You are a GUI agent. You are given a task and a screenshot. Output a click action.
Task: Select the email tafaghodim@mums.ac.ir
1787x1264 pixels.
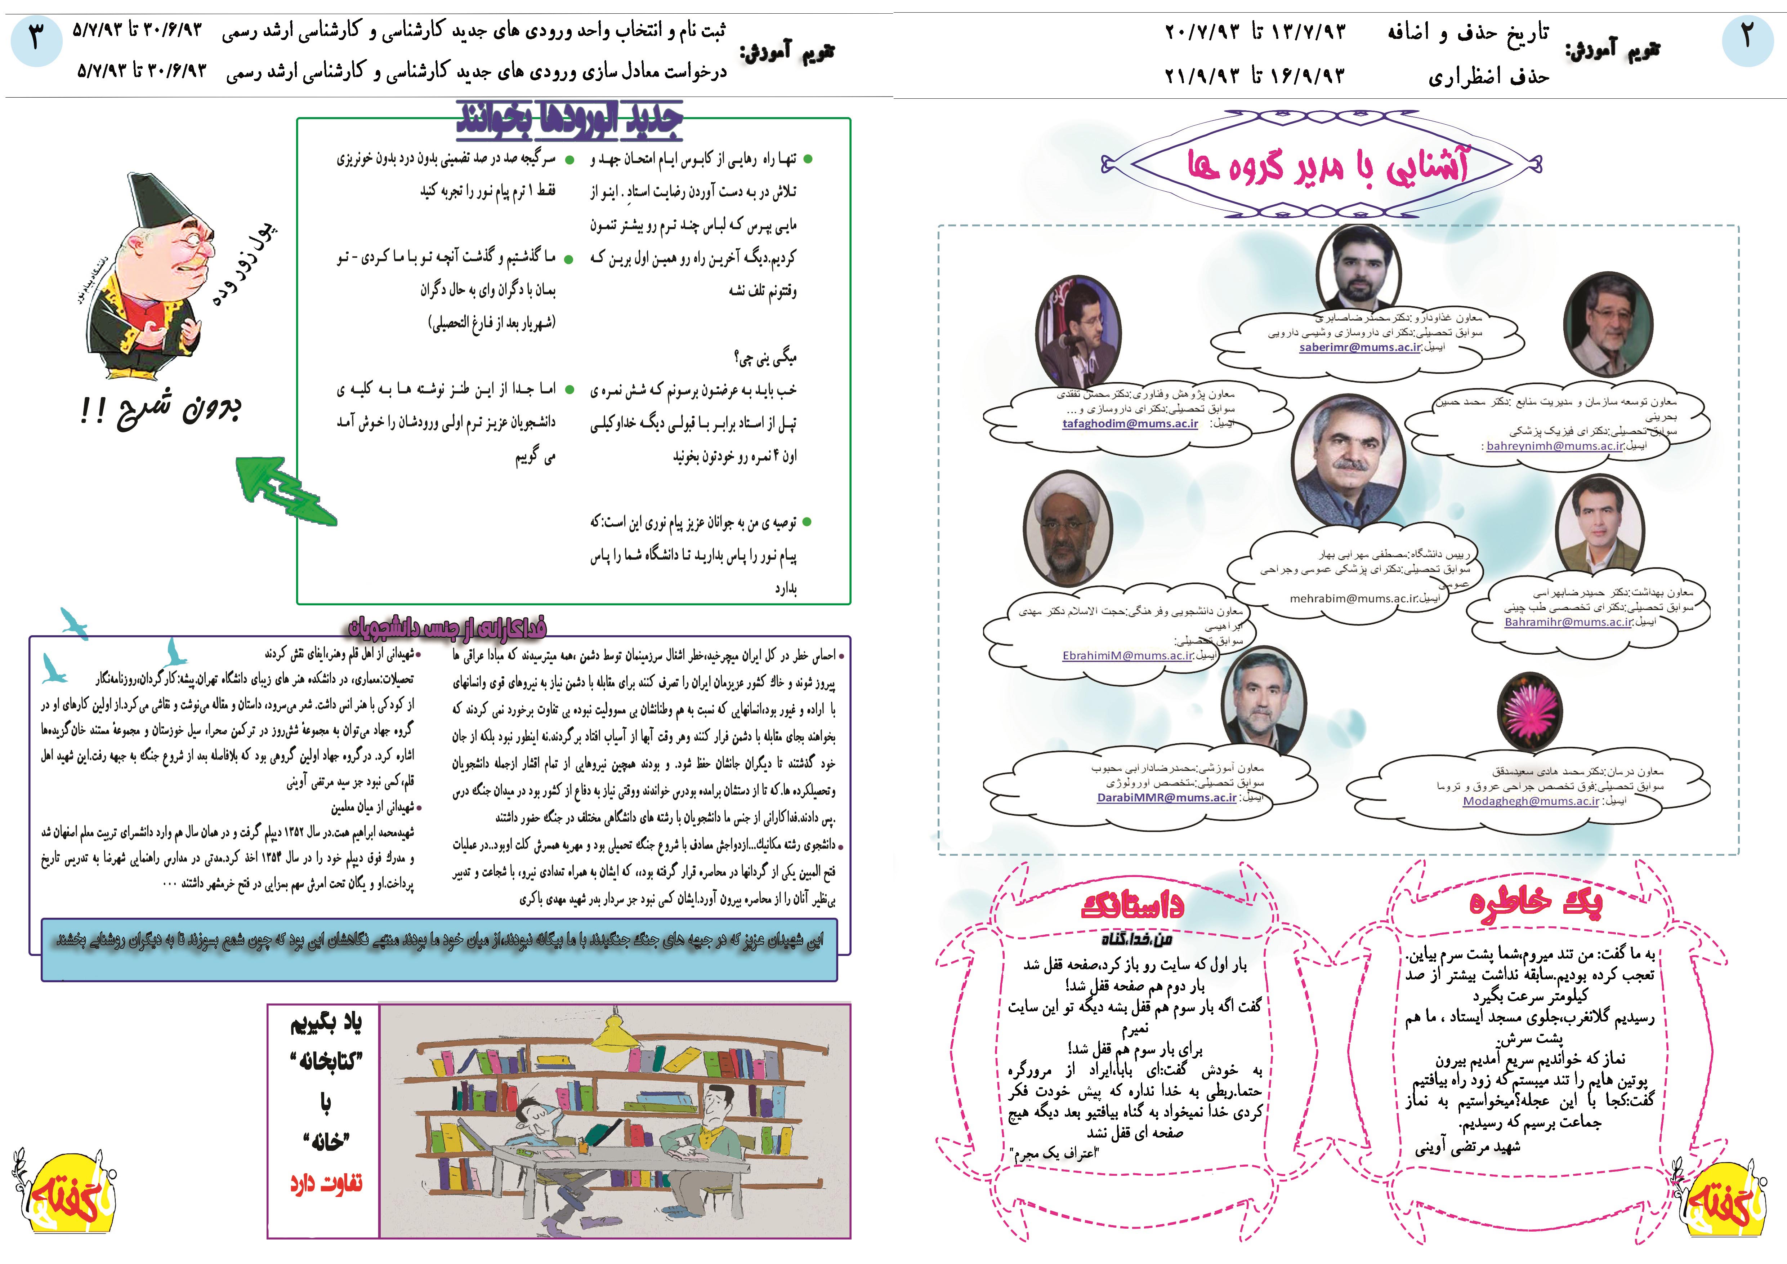point(1130,423)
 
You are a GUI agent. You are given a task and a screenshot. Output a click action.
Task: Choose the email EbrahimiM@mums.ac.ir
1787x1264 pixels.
point(1127,655)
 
